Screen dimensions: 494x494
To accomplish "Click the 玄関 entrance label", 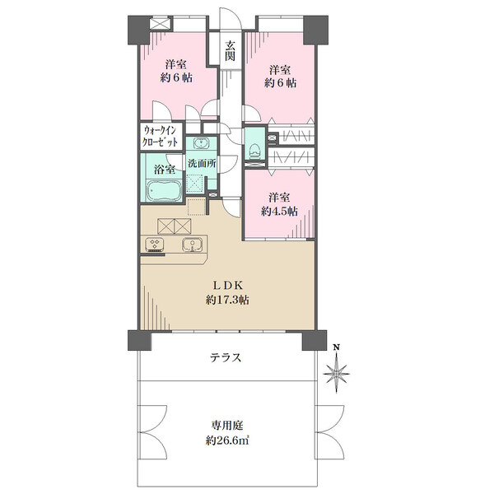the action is (x=231, y=51).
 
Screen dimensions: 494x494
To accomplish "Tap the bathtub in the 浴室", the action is (x=164, y=191).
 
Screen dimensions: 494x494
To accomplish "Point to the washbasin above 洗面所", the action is (x=200, y=143).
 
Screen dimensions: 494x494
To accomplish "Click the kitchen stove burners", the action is (x=155, y=245).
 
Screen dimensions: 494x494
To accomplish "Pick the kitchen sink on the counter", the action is (x=192, y=245).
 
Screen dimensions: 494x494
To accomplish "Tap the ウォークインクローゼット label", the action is (x=160, y=136).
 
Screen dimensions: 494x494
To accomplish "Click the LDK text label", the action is (x=228, y=286).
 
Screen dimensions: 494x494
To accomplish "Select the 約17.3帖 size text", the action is (x=227, y=300).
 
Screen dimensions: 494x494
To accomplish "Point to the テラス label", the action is (x=226, y=358).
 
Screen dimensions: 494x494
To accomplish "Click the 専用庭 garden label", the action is (x=227, y=426).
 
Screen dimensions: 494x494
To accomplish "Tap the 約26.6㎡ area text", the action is (x=227, y=440).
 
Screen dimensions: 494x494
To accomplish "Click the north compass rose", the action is (x=337, y=374).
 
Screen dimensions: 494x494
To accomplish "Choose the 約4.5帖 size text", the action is (x=279, y=211).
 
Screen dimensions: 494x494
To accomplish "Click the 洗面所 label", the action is (x=202, y=163).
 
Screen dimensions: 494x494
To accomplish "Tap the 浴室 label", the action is (x=165, y=170).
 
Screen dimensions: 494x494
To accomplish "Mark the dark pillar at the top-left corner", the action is (x=138, y=30).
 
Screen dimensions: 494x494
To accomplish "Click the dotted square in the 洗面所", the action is (x=195, y=183).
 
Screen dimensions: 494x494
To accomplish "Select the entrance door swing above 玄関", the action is (x=231, y=19).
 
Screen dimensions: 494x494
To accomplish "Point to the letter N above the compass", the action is (x=337, y=347).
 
